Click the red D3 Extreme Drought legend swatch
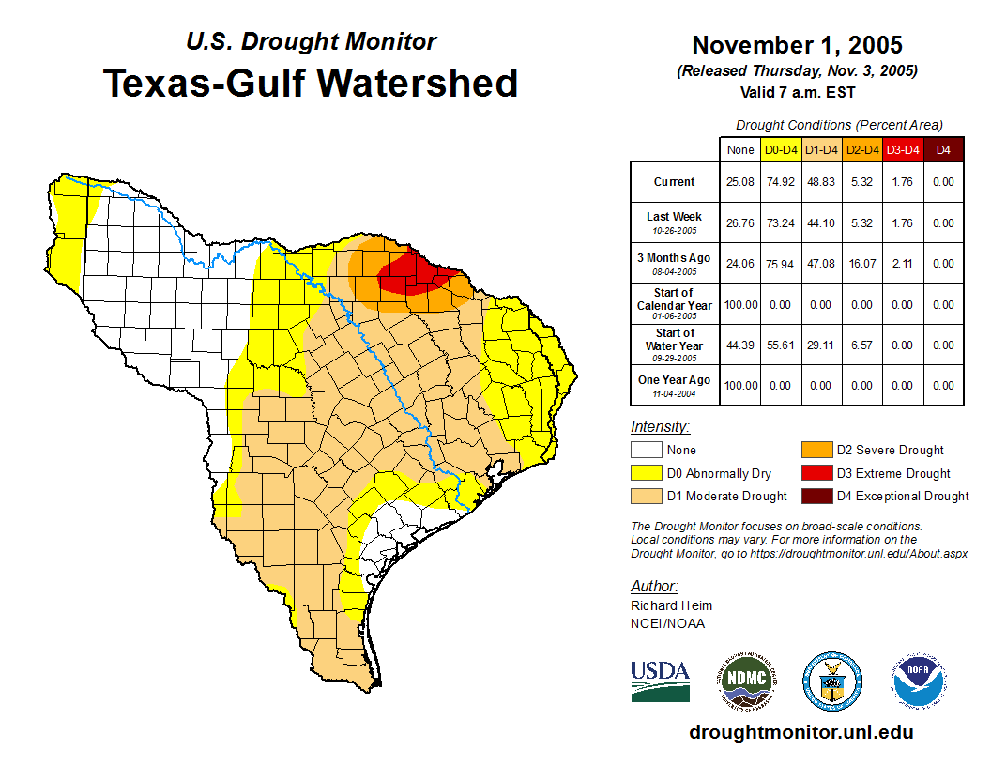coord(816,473)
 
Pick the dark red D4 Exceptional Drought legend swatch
coord(816,496)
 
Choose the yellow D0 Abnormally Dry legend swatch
coord(647,473)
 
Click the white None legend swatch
coord(647,451)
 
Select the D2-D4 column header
coord(861,149)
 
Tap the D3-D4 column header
coord(903,149)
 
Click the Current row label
coord(675,182)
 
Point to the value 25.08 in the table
coord(740,182)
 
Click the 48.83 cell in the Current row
coord(821,182)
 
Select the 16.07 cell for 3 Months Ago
coord(861,264)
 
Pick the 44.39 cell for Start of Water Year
coord(740,345)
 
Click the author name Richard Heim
coord(671,605)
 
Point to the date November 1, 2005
coord(797,45)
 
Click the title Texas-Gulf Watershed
coord(311,83)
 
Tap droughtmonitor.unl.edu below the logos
coord(800,732)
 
